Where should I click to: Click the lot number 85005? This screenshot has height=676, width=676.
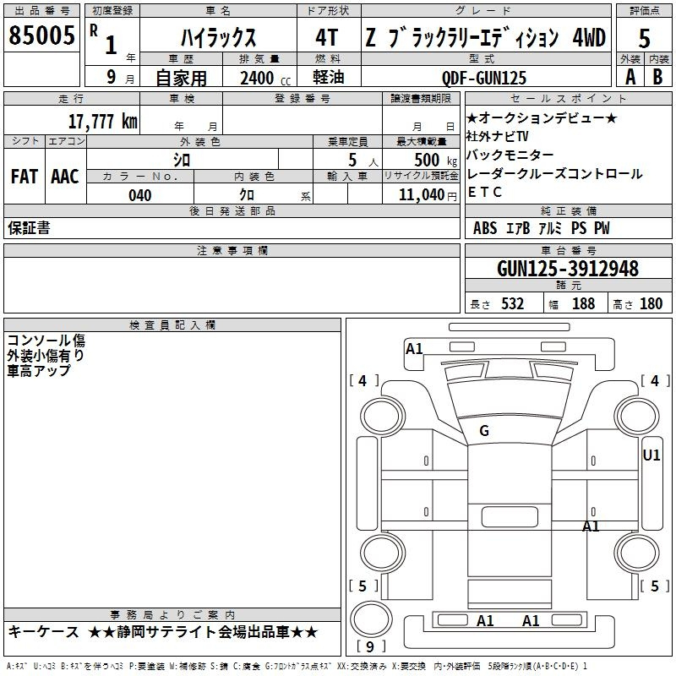pyautogui.click(x=41, y=35)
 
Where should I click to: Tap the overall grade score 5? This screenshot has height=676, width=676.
pyautogui.click(x=644, y=38)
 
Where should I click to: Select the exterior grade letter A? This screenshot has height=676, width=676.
pyautogui.click(x=630, y=77)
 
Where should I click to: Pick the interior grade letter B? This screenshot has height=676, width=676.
pyautogui.click(x=657, y=77)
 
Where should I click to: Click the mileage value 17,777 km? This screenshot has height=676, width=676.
pyautogui.click(x=103, y=121)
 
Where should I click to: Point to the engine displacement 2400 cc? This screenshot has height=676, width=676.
pyautogui.click(x=265, y=78)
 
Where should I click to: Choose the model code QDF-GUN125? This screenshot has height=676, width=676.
pyautogui.click(x=484, y=78)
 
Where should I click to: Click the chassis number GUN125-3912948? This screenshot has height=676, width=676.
pyautogui.click(x=568, y=268)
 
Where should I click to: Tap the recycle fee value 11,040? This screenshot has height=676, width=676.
pyautogui.click(x=422, y=194)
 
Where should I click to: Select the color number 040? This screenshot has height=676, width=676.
pyautogui.click(x=140, y=195)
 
